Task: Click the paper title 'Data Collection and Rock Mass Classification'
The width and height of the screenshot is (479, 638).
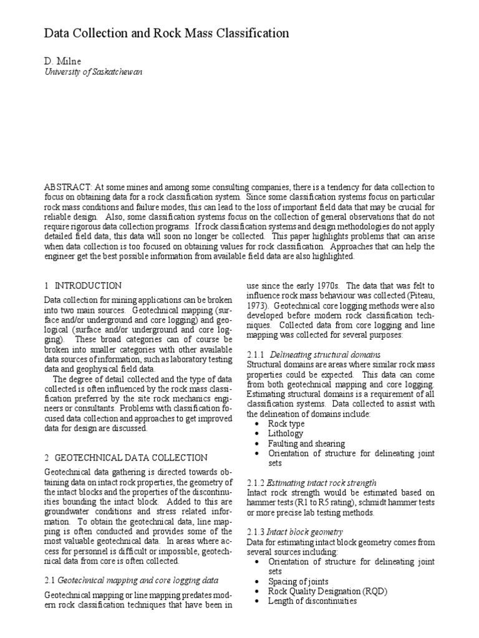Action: (167, 33)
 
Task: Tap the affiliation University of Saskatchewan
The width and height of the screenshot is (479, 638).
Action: (93, 72)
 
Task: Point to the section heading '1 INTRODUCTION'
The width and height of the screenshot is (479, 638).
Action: (83, 285)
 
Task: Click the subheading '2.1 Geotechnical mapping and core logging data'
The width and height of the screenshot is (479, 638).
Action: (131, 579)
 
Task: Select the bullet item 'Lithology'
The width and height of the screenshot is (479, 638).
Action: (286, 434)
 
